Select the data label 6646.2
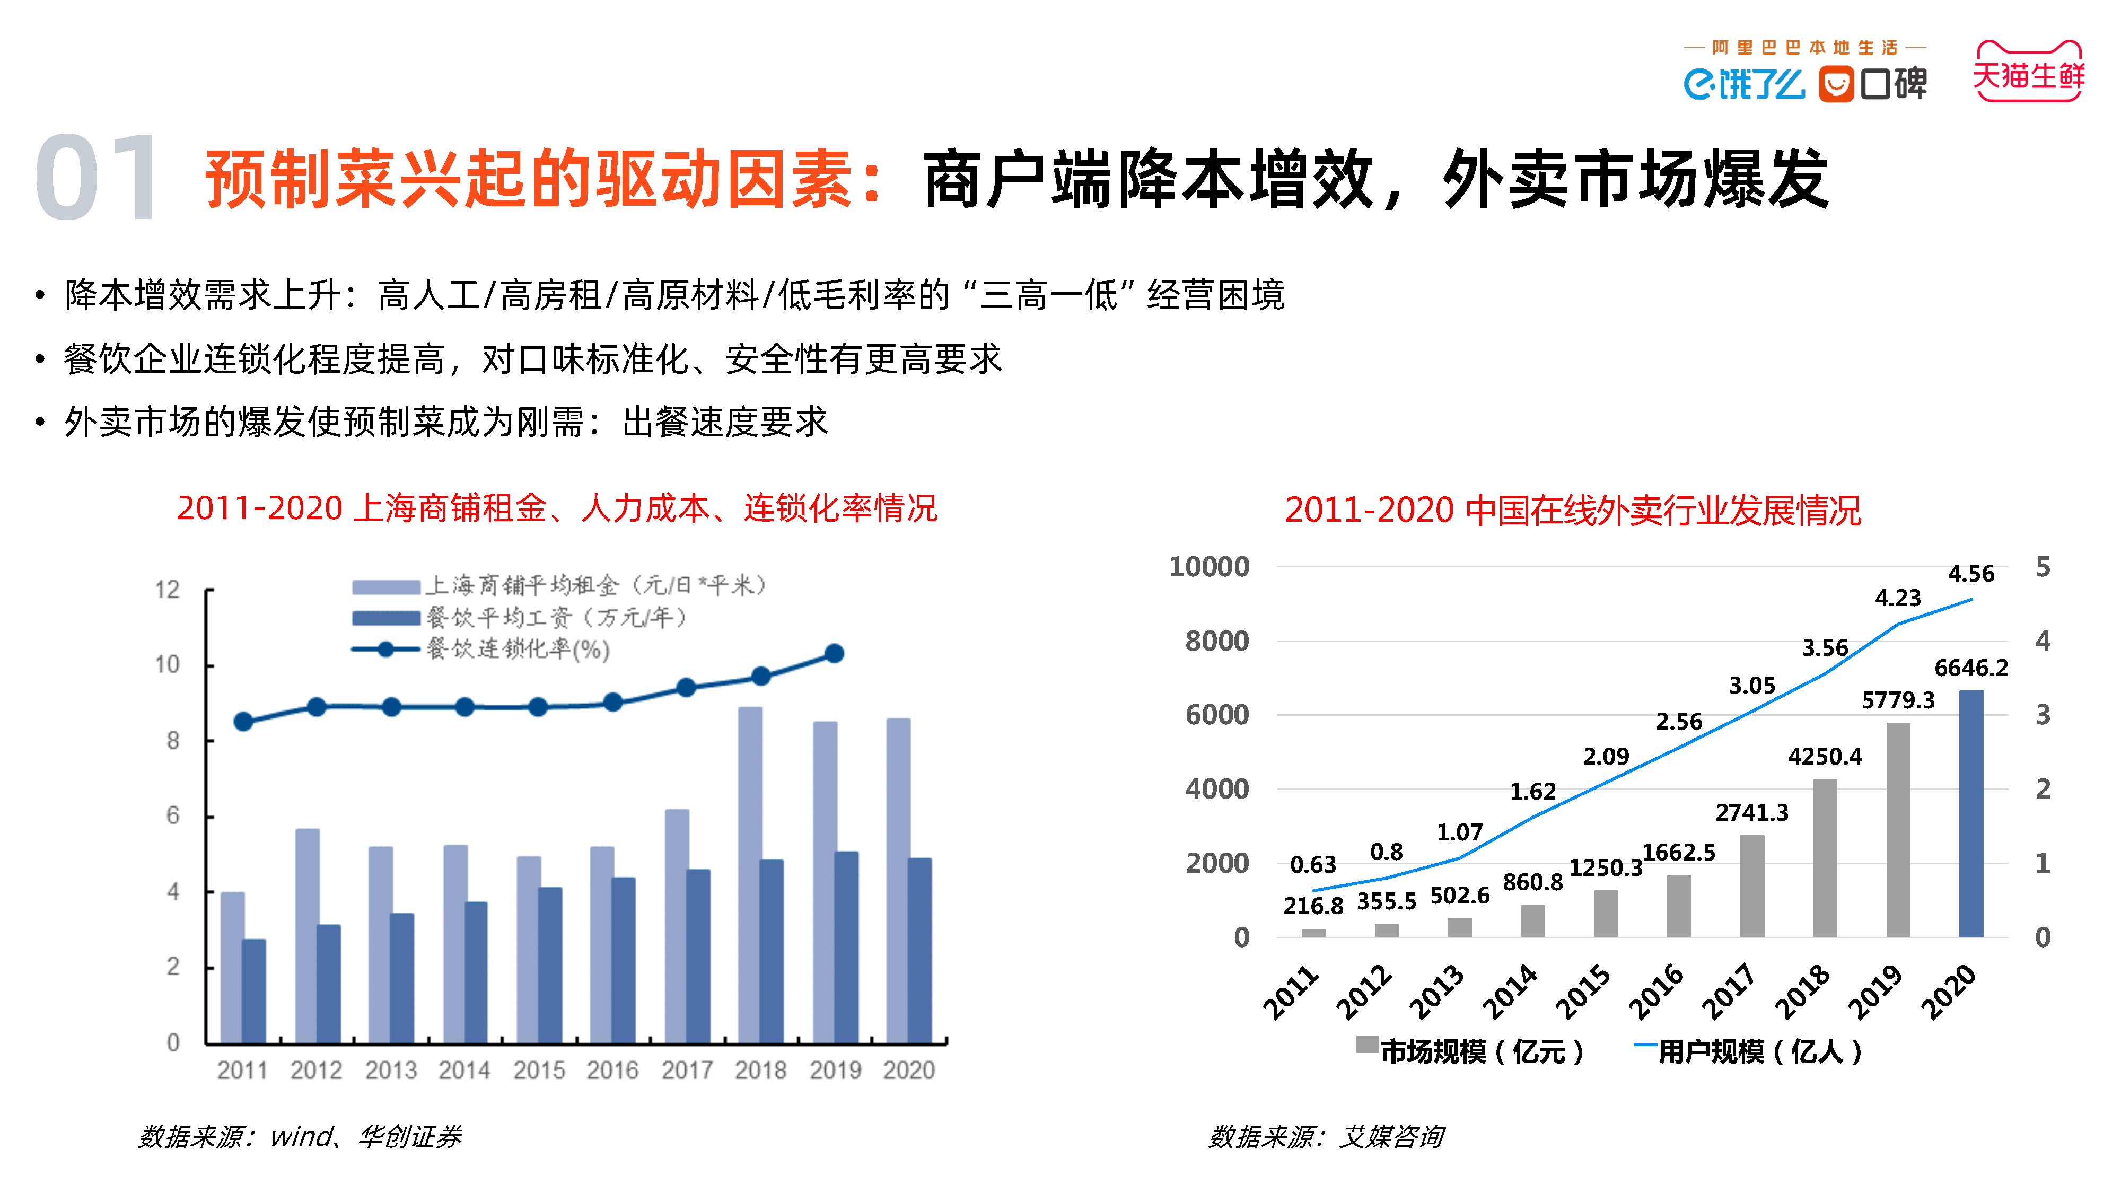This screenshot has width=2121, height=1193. pyautogui.click(x=1970, y=668)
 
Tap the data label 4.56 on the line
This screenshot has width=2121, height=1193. pyautogui.click(x=1970, y=574)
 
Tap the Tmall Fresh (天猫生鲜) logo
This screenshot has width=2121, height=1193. pyautogui.click(x=2028, y=73)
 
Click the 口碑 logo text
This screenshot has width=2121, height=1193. pyautogui.click(x=1893, y=83)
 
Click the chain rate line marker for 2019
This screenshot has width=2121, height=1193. pyautogui.click(x=834, y=654)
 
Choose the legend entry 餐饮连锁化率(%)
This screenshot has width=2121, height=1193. pyautogui.click(x=517, y=650)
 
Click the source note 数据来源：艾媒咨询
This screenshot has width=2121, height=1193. pyautogui.click(x=1326, y=1137)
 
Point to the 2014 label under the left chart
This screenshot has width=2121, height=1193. pyautogui.click(x=464, y=1071)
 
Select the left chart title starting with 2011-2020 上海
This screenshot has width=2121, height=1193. pyautogui.click(x=557, y=508)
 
